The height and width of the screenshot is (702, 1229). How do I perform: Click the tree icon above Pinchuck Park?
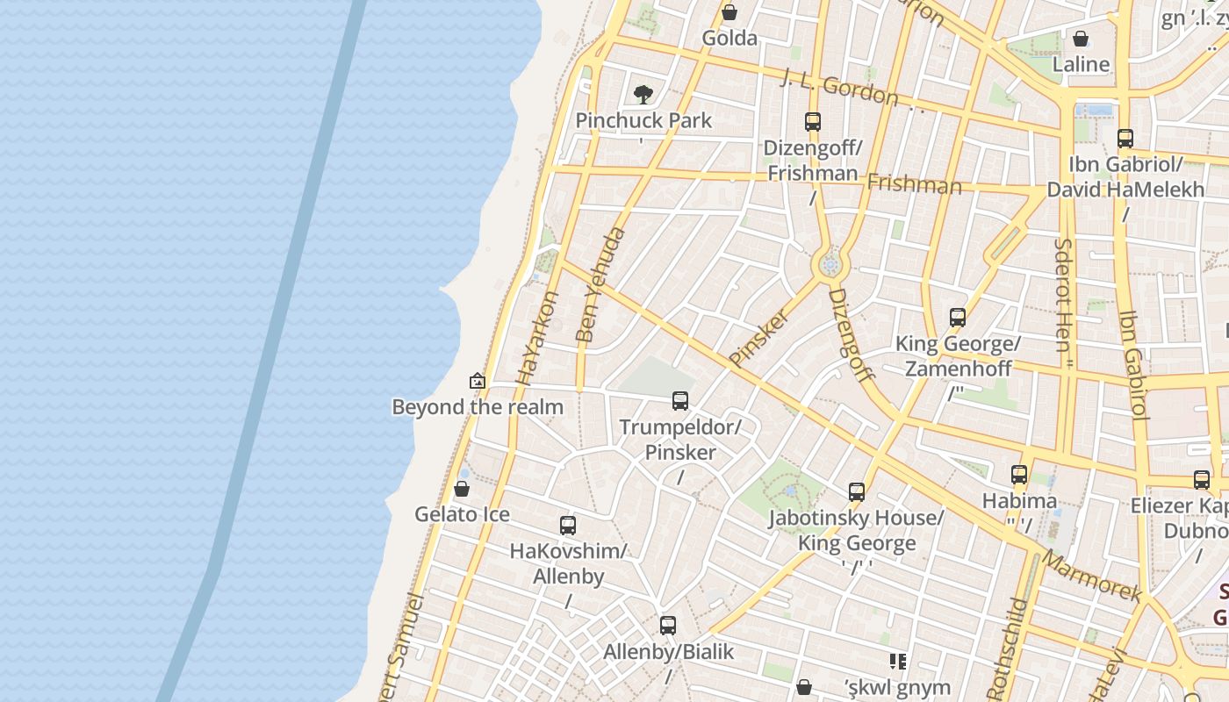point(643,94)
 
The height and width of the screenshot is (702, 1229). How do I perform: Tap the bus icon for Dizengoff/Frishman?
point(813,122)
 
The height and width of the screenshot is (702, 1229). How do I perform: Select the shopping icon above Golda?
point(729,12)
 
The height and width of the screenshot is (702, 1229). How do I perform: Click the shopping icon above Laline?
point(1081,39)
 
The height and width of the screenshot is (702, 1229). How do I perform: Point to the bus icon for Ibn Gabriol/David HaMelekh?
point(1125,139)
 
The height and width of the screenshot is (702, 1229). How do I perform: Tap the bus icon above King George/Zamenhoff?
point(958,318)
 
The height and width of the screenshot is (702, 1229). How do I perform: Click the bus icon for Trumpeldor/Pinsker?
point(680,401)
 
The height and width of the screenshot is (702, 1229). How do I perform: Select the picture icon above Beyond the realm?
point(478,381)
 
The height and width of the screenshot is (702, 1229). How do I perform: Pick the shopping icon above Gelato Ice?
point(462,489)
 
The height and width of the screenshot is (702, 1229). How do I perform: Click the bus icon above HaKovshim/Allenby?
point(568,526)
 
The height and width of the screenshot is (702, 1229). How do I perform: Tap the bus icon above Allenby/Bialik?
point(668,626)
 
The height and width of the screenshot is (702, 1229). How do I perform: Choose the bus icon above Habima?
point(1019,475)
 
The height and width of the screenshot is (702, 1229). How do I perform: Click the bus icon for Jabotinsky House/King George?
point(857,492)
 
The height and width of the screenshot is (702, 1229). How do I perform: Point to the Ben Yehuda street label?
point(601,284)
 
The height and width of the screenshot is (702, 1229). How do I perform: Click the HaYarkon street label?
point(538,338)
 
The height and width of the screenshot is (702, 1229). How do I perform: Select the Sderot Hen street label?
point(1064,295)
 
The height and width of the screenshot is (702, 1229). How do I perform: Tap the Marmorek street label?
point(1092,576)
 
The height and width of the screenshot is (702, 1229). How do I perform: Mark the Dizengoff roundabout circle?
point(830,263)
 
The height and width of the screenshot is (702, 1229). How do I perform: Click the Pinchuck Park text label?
point(643,120)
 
